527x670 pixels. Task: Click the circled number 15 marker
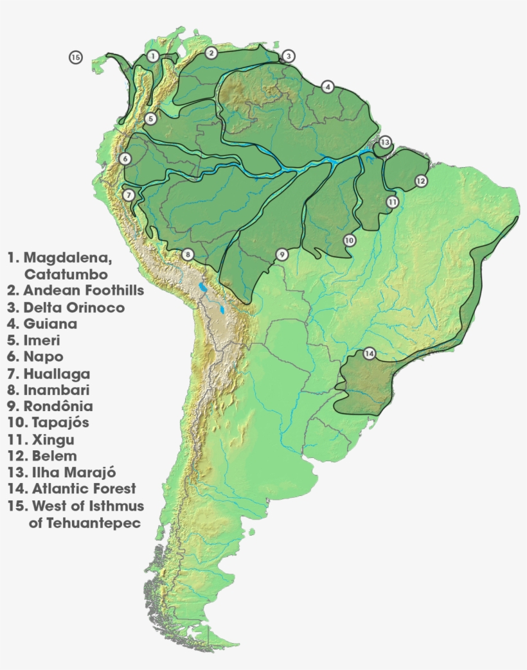coord(76,58)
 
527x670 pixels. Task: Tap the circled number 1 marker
coord(152,57)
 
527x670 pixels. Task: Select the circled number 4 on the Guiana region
coord(328,87)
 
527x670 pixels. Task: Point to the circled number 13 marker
coord(385,142)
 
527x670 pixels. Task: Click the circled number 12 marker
coord(420,181)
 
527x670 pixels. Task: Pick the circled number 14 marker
coord(369,353)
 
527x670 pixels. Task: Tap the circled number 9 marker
coord(281,255)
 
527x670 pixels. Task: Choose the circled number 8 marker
coord(187,254)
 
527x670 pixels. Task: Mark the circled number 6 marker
coord(125,159)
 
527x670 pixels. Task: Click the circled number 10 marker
coord(349,240)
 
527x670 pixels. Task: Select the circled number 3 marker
coord(289,57)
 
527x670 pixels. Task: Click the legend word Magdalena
coord(67,258)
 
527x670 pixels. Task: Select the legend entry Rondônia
coord(58,407)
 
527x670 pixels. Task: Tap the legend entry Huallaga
coord(57,374)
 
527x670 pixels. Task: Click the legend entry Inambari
coord(57,390)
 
